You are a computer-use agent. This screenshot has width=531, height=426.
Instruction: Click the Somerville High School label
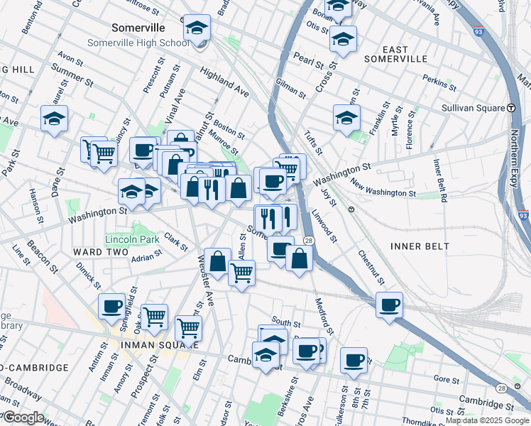pos(138,43)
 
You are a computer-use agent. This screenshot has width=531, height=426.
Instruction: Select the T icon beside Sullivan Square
pos(510,108)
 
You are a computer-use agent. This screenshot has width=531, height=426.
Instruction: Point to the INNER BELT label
pos(420,246)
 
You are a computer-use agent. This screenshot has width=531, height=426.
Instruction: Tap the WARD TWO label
pos(100,252)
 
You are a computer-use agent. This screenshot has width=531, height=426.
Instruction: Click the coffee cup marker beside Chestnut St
pos(388,305)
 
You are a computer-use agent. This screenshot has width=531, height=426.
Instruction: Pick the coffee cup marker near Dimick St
pos(111,307)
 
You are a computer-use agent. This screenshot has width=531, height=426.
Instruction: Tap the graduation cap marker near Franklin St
pos(346,118)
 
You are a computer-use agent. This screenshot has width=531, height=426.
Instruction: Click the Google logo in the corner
pos(23,417)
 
